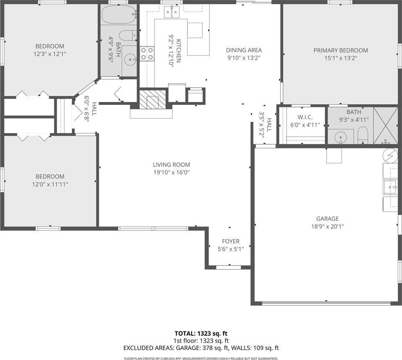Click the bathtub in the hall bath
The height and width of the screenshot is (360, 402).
pos(119,15)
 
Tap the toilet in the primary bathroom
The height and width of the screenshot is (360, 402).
pos(363,135)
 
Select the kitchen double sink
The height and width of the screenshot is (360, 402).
pos(172,12)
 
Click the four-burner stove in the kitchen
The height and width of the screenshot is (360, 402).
pos(147,54)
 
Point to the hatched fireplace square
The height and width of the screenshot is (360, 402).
pos(153,99)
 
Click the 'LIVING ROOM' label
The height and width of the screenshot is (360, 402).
pos(171,164)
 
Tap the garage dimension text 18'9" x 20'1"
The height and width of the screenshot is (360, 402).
pos(327,227)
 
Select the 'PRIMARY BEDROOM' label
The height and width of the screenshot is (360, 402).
pos(341,50)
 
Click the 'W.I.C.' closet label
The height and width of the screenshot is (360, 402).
pos(305,117)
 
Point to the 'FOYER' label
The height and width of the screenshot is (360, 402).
pos(231,241)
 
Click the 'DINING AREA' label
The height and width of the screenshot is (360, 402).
pos(244,50)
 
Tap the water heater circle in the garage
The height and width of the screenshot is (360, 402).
pos(390,155)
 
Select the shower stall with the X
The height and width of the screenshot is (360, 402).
pos(385,125)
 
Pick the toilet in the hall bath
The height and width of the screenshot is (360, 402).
pos(128,35)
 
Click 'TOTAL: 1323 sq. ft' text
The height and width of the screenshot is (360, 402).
pos(201,334)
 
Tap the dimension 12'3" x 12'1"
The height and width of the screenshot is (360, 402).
pos(50,54)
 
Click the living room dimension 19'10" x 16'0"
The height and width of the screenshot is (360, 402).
pos(171,172)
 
